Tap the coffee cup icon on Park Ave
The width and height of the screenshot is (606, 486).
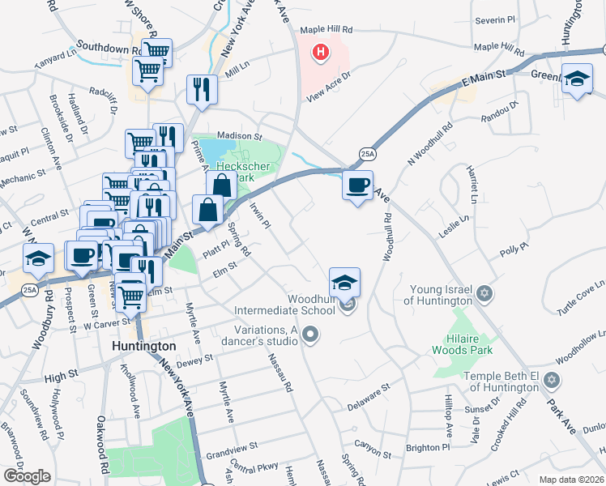click(356, 185)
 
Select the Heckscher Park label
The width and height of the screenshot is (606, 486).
click(250, 168)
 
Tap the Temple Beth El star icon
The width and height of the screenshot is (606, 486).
click(552, 380)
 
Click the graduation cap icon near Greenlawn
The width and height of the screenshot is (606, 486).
click(577, 79)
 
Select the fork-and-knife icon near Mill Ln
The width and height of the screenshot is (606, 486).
click(201, 89)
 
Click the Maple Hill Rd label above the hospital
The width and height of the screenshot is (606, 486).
click(326, 29)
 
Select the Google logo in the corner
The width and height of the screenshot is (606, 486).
click(27, 475)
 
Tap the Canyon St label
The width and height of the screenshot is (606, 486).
click(373, 444)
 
